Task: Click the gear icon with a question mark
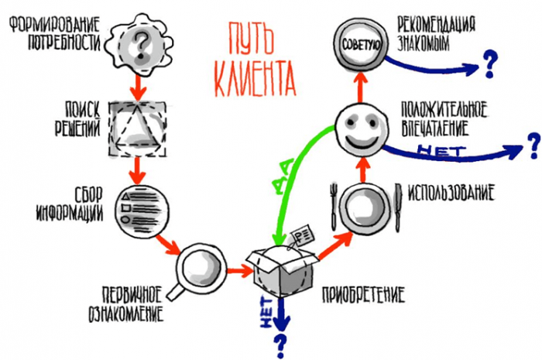click(x=139, y=44)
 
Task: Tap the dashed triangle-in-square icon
click(x=138, y=129)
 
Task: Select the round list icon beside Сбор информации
click(x=142, y=211)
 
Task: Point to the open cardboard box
click(x=282, y=270)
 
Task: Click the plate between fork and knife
click(x=365, y=209)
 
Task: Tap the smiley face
click(x=362, y=129)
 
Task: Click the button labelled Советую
click(x=361, y=44)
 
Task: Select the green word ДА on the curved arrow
click(x=284, y=176)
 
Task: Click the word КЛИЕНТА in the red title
click(x=255, y=78)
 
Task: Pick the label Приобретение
click(x=363, y=295)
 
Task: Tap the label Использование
click(x=451, y=193)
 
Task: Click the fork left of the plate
click(x=334, y=207)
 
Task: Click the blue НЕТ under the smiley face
click(x=441, y=151)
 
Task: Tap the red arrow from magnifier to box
click(x=239, y=270)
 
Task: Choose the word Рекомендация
click(x=436, y=25)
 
